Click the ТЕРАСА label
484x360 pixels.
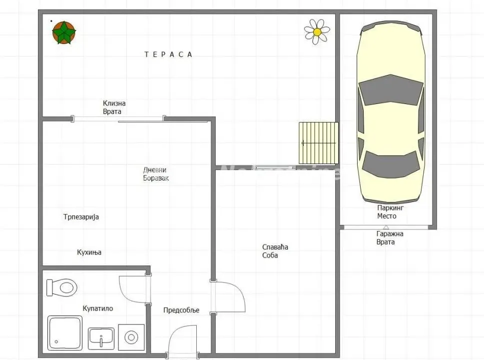pos(168,54)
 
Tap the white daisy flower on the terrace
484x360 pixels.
pos(317,31)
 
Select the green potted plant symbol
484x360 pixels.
pos(64,32)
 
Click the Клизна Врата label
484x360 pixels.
pos(114,107)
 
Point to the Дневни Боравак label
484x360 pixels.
pos(156,173)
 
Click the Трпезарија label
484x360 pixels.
pos(81,217)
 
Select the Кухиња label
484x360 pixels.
pos(89,252)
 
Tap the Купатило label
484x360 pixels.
pos(97,308)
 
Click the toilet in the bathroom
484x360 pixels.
pos(61,287)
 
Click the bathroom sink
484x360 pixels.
pos(101,338)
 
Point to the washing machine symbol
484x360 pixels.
pos(131,337)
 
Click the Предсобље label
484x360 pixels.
pos(181,310)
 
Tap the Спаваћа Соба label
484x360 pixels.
pos(275,251)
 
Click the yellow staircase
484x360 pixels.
pos(319,142)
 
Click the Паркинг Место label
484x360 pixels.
pos(390,211)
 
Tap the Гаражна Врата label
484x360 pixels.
pos(390,237)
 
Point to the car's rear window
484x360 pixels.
pos(391,163)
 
